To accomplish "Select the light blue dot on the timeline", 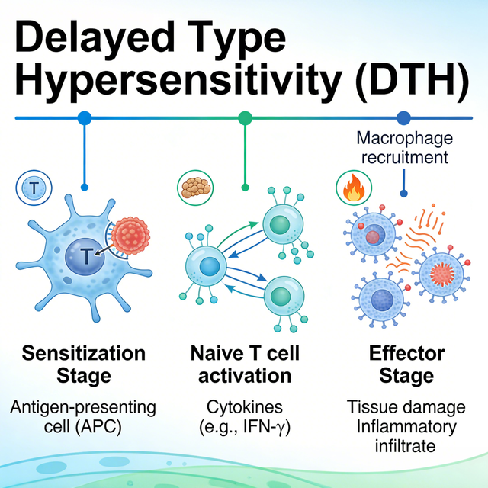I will click(85, 117).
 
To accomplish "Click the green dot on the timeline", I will click(245, 117).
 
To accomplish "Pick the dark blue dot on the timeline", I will click(403, 117).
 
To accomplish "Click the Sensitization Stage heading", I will click(83, 364).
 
